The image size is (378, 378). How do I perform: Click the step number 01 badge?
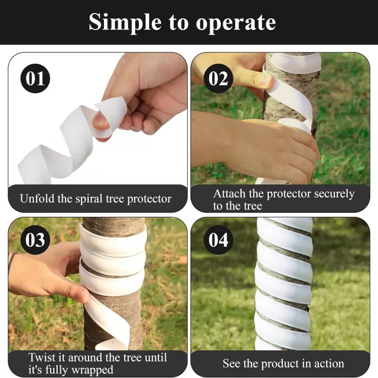(35, 79)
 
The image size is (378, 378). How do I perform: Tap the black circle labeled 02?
(218, 79)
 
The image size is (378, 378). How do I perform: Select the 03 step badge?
(35, 240)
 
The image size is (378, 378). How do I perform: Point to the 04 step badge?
(218, 240)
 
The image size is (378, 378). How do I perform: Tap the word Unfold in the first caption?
(37, 198)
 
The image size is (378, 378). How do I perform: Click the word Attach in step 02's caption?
(229, 194)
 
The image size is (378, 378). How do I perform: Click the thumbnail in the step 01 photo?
(100, 121)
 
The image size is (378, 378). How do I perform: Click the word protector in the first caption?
(149, 200)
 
